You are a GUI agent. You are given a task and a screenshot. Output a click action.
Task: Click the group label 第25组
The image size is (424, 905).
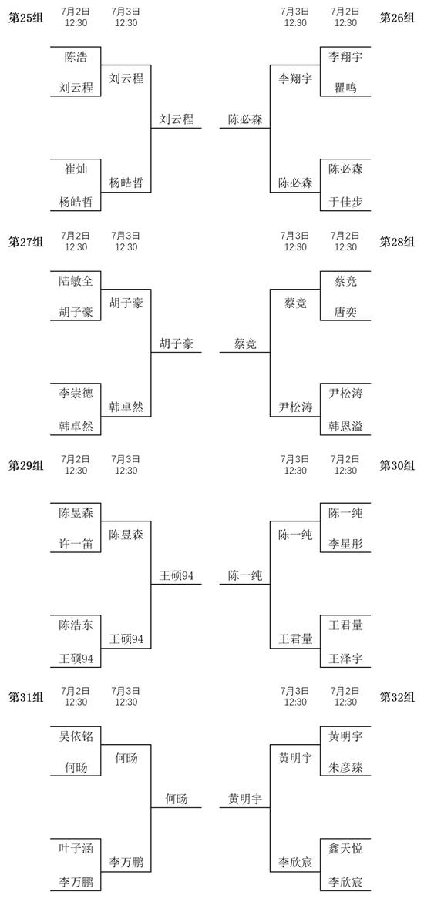pyautogui.click(x=25, y=17)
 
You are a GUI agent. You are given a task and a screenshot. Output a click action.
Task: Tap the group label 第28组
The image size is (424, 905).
pyautogui.click(x=397, y=242)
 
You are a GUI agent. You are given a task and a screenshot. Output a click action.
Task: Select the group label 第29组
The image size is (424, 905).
pyautogui.click(x=25, y=465)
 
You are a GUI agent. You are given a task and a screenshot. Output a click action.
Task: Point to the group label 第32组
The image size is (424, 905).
pyautogui.click(x=397, y=697)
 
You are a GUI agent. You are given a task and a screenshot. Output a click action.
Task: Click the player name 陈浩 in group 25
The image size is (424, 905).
pyautogui.click(x=76, y=56)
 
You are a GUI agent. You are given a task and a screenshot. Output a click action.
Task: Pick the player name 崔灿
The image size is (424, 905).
pyautogui.click(x=76, y=169)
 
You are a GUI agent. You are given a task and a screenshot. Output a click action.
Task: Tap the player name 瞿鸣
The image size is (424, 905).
pyautogui.click(x=345, y=89)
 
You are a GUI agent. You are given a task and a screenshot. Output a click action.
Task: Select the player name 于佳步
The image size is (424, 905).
pyautogui.click(x=345, y=203)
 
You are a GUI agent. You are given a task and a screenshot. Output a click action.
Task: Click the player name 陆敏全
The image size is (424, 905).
pyautogui.click(x=76, y=280)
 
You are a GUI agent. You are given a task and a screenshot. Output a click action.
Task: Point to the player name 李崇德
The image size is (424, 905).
pyautogui.click(x=76, y=393)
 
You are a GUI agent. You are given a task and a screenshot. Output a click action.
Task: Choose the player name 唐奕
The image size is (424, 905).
pyautogui.click(x=345, y=312)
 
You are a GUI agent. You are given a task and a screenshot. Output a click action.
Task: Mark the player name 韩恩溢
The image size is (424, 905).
pyautogui.click(x=345, y=427)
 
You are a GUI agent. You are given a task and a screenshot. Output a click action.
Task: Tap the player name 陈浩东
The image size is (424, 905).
pyautogui.click(x=76, y=625)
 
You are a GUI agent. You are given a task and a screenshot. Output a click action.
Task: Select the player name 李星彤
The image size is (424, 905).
pyautogui.click(x=345, y=545)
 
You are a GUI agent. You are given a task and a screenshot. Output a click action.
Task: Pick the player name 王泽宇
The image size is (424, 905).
pyautogui.click(x=345, y=659)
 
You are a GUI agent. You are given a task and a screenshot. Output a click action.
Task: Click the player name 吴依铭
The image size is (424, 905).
pyautogui.click(x=76, y=736)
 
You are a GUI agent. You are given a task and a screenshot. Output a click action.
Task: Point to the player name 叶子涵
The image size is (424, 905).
pyautogui.click(x=76, y=848)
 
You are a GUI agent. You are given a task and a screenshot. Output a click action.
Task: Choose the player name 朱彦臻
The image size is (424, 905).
pyautogui.click(x=345, y=768)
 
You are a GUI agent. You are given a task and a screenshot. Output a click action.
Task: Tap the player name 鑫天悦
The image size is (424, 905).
pyautogui.click(x=345, y=848)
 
